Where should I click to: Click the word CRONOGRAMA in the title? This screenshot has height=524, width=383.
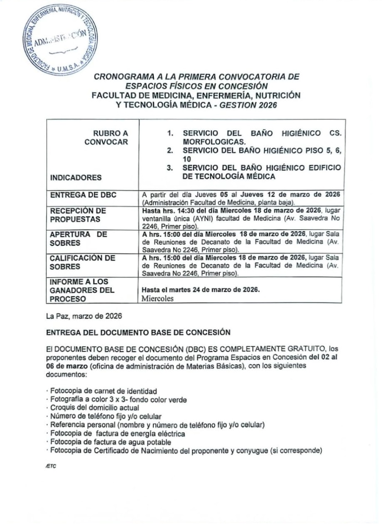coord(120,77)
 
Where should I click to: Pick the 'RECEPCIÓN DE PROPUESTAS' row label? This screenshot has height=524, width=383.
coord(78,215)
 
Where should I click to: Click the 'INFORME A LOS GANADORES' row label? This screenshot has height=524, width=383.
coord(82,290)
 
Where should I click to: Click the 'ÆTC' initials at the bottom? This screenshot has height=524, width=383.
coord(51,466)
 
